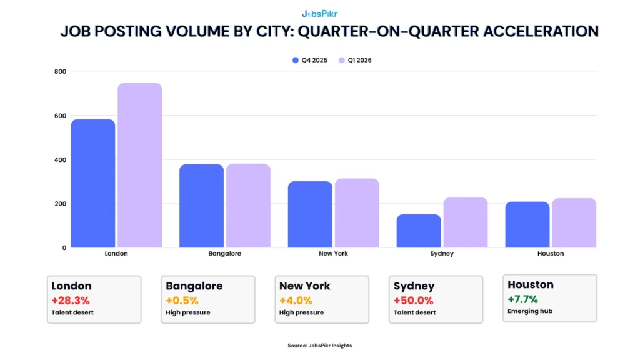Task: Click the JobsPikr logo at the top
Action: [x=319, y=13]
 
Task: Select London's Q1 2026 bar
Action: [x=139, y=166]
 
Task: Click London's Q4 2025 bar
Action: [x=92, y=184]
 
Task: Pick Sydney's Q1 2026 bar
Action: [x=466, y=223]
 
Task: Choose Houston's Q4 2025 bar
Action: [x=527, y=225]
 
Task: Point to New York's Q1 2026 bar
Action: [x=357, y=213]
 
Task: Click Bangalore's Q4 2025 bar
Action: [x=201, y=206]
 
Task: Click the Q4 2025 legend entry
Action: [x=310, y=60]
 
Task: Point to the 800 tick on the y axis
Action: [x=60, y=72]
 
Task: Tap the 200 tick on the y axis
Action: [x=60, y=204]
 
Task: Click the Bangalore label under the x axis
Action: [x=224, y=254]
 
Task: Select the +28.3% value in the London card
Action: [x=71, y=301]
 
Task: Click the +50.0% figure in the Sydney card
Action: [x=413, y=301]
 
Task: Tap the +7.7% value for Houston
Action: [x=522, y=299]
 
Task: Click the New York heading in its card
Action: [x=305, y=286]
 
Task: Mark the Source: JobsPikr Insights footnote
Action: [x=319, y=346]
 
